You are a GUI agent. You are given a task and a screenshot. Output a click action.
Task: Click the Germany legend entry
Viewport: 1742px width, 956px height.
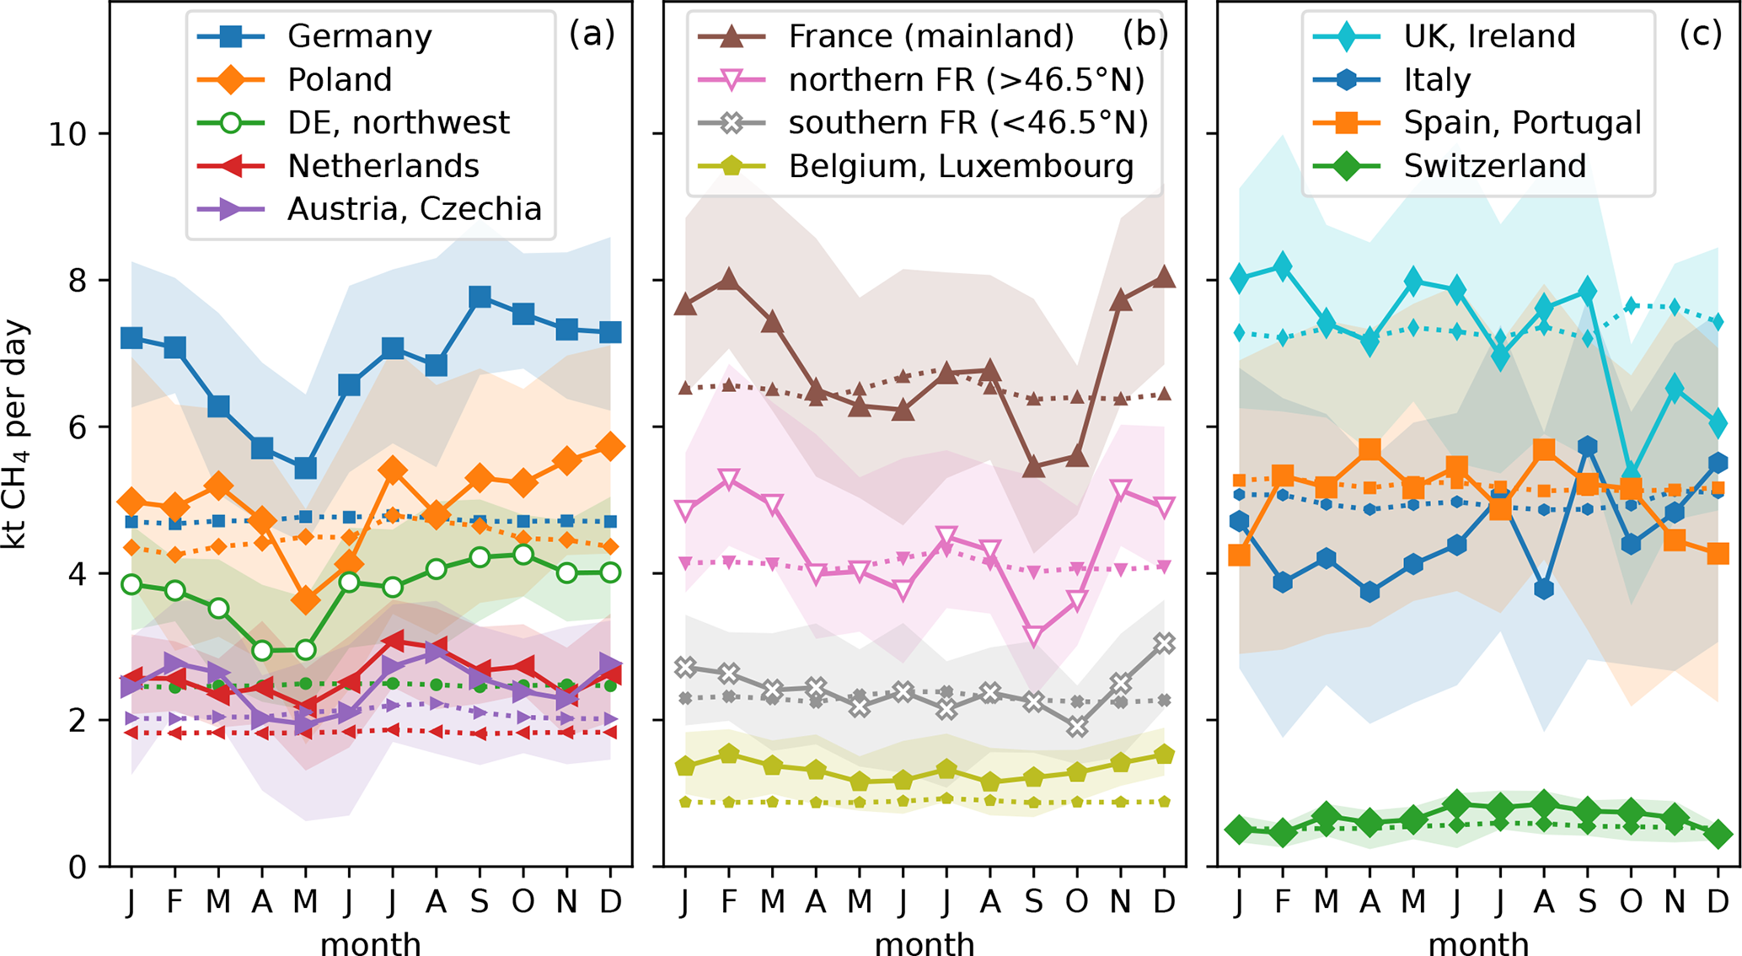358,36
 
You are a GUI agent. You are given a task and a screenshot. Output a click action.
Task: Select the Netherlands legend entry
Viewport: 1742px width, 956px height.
382,166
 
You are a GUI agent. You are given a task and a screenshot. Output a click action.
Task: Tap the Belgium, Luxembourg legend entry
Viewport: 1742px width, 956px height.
960,166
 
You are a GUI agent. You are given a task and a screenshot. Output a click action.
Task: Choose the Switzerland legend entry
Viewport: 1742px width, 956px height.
1494,166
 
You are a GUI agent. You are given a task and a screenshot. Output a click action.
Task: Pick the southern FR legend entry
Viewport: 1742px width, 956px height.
967,123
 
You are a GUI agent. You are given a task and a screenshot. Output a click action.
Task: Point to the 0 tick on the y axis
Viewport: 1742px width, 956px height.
78,867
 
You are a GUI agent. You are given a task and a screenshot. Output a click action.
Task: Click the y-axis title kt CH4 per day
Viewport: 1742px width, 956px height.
16,434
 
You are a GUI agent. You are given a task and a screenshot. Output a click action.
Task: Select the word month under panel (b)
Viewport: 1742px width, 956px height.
925,943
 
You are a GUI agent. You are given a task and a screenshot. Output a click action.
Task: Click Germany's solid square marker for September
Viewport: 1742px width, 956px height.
480,297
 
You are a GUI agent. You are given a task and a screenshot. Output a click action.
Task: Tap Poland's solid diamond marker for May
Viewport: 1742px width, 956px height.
305,601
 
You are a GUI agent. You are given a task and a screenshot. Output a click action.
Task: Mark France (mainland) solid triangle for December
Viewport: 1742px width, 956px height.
1164,277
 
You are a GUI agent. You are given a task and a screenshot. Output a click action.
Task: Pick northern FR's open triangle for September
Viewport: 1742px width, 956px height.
1033,636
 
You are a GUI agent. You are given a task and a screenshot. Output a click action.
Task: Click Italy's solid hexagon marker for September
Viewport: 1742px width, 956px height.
1588,447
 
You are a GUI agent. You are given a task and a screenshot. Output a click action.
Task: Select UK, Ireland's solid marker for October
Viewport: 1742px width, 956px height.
1632,474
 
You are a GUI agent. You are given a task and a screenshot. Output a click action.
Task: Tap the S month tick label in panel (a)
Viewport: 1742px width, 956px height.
480,902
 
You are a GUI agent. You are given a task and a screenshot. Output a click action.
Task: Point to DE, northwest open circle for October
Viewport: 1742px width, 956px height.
523,555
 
